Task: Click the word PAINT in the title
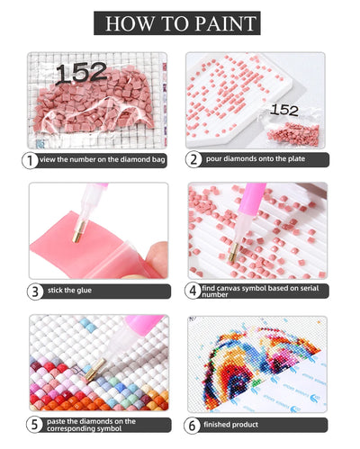pos(225,23)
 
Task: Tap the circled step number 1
pos(30,161)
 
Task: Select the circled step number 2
pos(193,159)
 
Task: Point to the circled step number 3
pos(35,292)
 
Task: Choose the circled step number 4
pos(193,291)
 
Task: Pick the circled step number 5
pos(34,425)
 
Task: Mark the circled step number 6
pos(192,426)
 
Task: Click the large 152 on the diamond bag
pos(81,73)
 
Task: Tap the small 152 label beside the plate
pos(284,111)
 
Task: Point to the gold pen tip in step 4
pos(233,253)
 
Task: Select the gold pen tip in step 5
pos(94,370)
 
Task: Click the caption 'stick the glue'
pos(69,291)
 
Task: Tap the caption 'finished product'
pos(230,425)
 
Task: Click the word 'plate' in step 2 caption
pos(296,158)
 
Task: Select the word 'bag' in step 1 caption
pos(158,159)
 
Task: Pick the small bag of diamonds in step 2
pos(294,132)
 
